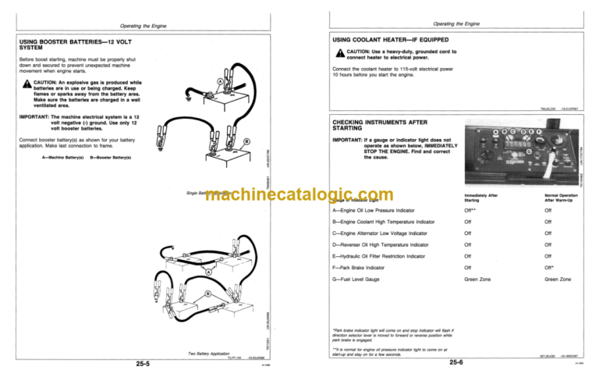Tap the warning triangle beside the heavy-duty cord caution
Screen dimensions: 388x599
coord(340,53)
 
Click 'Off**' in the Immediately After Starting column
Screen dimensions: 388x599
coord(470,210)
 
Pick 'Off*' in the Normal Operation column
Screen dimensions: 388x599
coord(549,267)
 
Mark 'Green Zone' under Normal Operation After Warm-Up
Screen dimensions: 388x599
coord(558,279)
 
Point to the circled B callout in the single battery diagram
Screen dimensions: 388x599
coord(246,141)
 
